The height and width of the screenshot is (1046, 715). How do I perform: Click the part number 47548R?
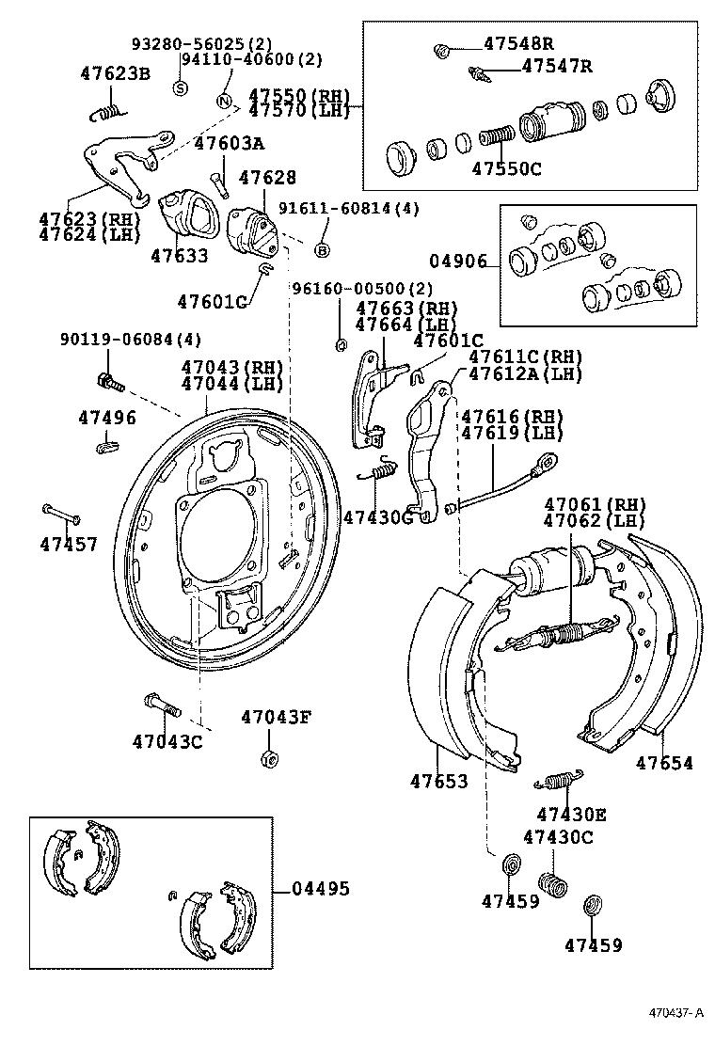point(518,43)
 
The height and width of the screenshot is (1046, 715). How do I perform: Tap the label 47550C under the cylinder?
point(507,169)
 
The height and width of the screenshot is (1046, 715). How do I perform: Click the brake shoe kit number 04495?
point(321,888)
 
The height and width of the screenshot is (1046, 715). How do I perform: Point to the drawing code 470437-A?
point(675,1013)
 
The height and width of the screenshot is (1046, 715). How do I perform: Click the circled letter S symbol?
point(180,87)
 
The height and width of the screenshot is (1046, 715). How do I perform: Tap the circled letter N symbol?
point(224,101)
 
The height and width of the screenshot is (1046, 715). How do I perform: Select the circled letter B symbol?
point(322,250)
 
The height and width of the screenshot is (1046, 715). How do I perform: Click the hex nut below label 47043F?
point(267,758)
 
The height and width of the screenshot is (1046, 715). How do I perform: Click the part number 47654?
point(664,763)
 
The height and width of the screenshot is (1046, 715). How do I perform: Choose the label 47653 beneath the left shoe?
point(438,781)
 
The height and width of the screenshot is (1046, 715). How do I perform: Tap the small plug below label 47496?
point(106,447)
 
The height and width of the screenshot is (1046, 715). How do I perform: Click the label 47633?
point(180,255)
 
